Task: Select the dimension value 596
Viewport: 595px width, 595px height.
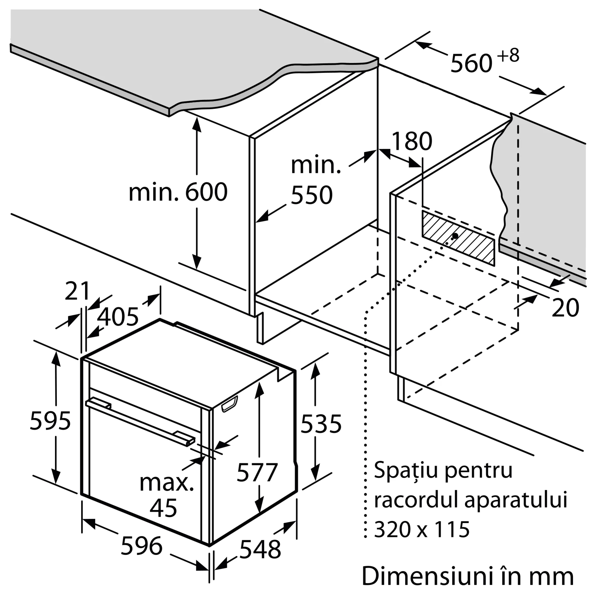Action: [x=141, y=546]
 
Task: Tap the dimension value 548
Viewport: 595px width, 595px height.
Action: [x=260, y=549]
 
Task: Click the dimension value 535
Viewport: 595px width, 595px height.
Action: [x=321, y=424]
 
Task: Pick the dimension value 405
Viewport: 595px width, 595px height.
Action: [x=118, y=317]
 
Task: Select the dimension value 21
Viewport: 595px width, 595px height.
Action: [x=77, y=291]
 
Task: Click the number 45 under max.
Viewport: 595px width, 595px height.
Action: [x=163, y=508]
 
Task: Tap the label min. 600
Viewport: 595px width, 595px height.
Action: [x=178, y=192]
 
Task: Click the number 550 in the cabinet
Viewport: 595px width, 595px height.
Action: [x=312, y=195]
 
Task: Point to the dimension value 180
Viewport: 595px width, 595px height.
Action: [x=412, y=142]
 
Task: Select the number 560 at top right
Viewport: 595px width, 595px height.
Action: [x=471, y=63]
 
